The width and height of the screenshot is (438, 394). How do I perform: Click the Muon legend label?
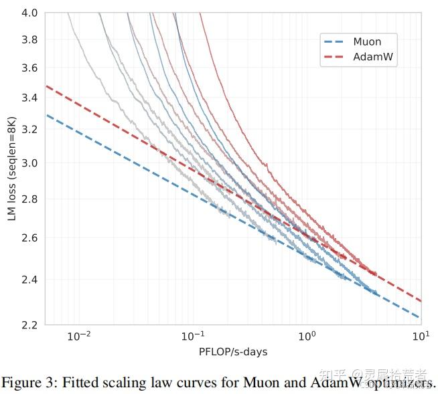pyautogui.click(x=367, y=42)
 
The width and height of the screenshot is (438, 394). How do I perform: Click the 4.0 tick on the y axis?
pyautogui.click(x=29, y=13)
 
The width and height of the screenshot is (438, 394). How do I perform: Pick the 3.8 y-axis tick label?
pyautogui.click(x=29, y=40)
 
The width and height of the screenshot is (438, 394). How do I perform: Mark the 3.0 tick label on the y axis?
pyautogui.click(x=29, y=163)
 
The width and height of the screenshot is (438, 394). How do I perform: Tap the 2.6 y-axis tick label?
pyautogui.click(x=29, y=238)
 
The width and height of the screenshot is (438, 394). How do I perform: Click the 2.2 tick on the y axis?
pyautogui.click(x=29, y=325)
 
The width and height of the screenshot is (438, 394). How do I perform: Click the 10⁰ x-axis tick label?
pyautogui.click(x=307, y=335)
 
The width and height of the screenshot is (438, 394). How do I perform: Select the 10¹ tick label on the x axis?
pyautogui.click(x=421, y=335)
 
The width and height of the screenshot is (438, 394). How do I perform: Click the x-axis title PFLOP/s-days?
pyautogui.click(x=233, y=351)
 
